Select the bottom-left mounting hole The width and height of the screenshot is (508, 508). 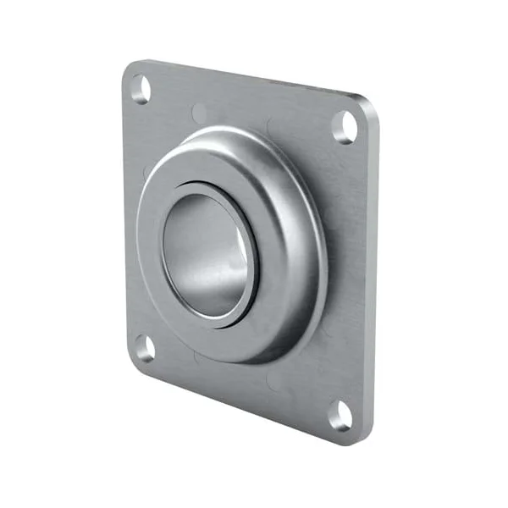point(144,348)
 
